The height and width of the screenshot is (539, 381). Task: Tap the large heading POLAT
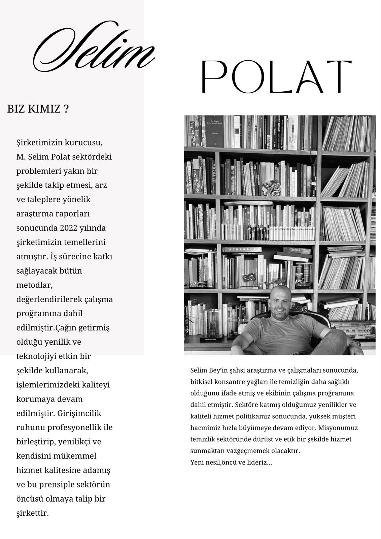click(276, 76)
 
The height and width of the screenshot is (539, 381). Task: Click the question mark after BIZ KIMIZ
click(66, 109)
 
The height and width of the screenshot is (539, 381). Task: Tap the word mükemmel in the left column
click(72, 456)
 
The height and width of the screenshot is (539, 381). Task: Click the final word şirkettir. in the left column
click(33, 513)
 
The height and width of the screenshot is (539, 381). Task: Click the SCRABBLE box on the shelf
click(241, 250)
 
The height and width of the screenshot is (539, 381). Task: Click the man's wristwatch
click(353, 344)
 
